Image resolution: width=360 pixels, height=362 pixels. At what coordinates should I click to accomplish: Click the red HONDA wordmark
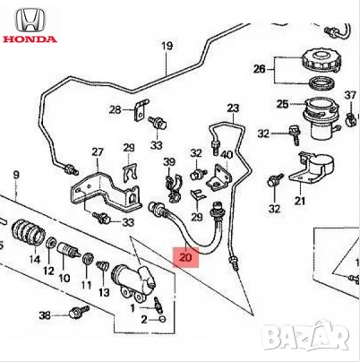point(30,40)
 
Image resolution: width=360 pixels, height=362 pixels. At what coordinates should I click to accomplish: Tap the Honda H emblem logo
point(30,18)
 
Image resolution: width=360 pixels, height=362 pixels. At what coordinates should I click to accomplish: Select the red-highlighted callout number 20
point(185,257)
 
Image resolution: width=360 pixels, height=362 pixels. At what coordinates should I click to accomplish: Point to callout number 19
point(166,46)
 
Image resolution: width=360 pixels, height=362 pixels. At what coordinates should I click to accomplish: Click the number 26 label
point(259,68)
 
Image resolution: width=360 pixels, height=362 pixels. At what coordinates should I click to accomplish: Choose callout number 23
point(233,108)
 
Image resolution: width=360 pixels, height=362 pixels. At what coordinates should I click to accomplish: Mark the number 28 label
point(114,109)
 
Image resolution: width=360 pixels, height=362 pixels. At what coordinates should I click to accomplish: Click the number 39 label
point(166,160)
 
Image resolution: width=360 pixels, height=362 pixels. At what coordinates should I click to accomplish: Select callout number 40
point(226,154)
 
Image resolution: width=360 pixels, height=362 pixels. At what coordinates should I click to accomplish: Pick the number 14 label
point(36,260)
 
